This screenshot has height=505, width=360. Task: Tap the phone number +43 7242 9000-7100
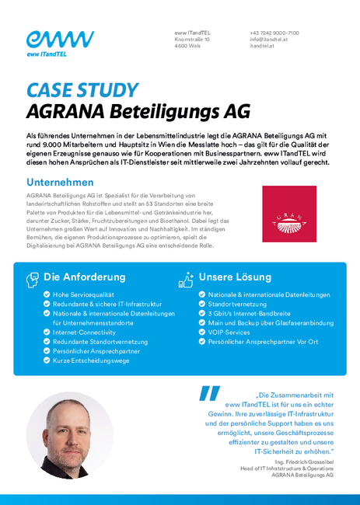274,33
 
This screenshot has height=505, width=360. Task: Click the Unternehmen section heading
60,182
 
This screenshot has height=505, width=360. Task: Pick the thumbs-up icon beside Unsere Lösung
185,277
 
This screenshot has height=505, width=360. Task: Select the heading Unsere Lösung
235,277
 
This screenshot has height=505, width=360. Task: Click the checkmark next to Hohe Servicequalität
46,295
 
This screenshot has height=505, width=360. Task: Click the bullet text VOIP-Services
229,332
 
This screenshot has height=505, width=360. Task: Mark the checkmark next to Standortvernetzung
202,305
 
